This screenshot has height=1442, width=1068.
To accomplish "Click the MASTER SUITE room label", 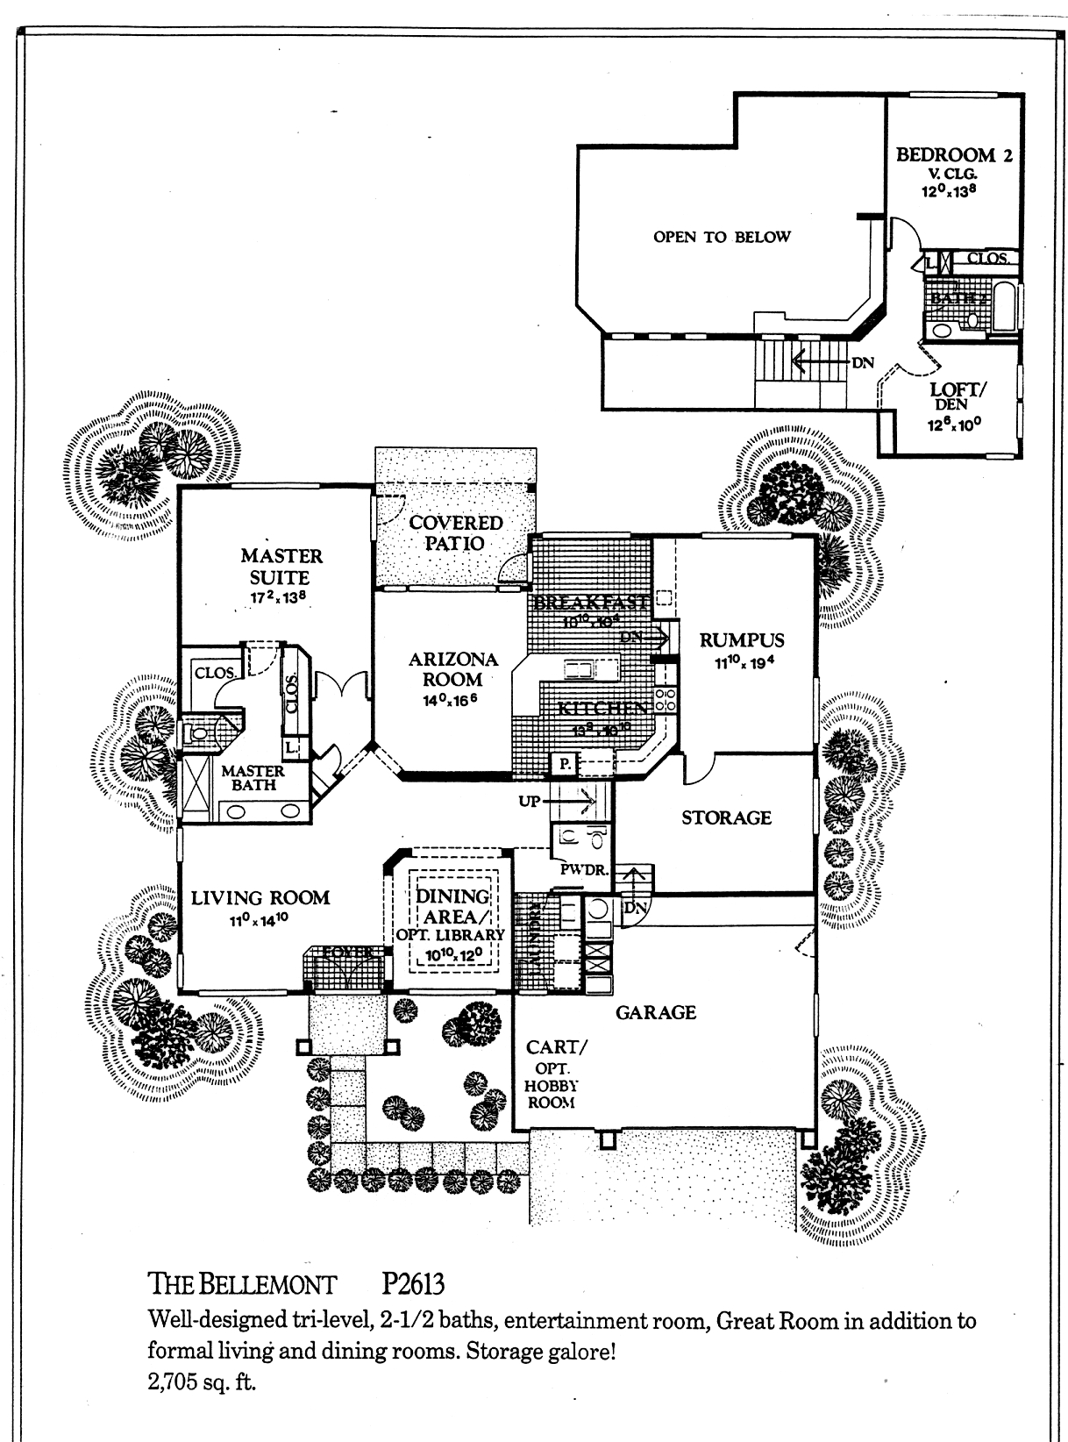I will [281, 567].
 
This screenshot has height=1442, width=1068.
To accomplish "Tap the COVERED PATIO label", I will [456, 532].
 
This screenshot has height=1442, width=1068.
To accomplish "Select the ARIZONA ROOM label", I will [453, 668].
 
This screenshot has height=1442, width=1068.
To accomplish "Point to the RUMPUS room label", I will [741, 639].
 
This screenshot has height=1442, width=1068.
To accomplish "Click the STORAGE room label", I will [726, 817].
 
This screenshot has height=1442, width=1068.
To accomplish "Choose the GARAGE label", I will [655, 1012].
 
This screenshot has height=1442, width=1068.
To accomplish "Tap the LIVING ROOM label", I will [260, 897].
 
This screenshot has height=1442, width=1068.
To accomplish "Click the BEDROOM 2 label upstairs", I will [954, 155].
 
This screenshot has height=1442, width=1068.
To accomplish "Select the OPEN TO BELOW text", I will [722, 236].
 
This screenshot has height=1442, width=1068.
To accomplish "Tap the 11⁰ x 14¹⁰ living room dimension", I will [260, 919].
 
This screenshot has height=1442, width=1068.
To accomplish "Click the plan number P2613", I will [413, 1284].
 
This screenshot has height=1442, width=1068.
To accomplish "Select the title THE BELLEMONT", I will [244, 1285].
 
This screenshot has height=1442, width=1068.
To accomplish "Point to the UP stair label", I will [529, 801].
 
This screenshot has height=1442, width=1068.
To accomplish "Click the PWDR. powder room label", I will [580, 869].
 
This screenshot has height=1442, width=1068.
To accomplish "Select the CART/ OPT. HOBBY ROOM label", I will [552, 1074].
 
